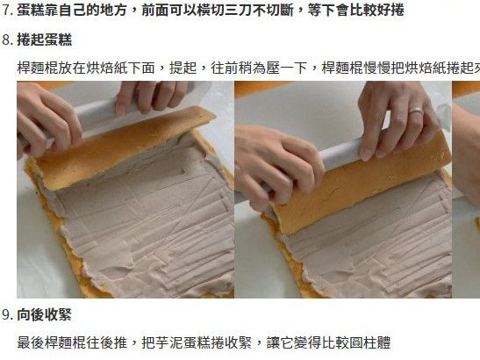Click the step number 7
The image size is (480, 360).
pos(6,11)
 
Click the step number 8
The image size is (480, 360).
pos(6,40)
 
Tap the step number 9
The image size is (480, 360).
pos(6,315)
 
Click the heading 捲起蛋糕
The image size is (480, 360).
pos(45,40)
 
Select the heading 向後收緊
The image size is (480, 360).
pos(45,315)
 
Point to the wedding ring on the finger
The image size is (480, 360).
pos(416,111)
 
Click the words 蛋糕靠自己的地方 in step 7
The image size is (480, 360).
pos(72,11)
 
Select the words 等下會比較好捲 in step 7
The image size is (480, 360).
pos(356,11)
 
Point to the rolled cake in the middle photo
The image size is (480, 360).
pos(362,184)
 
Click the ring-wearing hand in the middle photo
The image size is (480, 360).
pos(398,119)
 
